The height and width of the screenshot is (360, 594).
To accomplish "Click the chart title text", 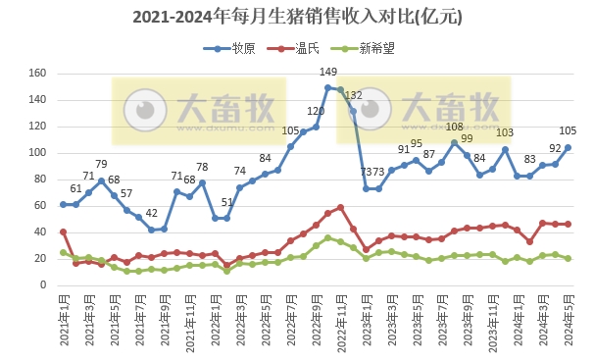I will [x=297, y=17].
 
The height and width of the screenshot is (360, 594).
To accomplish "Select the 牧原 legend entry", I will [x=233, y=48].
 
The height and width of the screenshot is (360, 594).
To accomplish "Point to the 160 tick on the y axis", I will [x=38, y=74].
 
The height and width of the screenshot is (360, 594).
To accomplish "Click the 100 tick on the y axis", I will [x=38, y=153].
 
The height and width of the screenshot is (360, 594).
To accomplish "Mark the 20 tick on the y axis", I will [x=41, y=259].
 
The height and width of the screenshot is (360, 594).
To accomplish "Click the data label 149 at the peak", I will [x=329, y=73].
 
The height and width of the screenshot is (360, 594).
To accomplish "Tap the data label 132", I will [x=354, y=95].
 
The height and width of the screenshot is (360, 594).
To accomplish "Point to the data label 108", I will [x=455, y=128].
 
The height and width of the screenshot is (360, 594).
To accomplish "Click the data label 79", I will [x=101, y=165].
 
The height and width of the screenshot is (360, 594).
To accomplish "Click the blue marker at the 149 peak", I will [x=328, y=88].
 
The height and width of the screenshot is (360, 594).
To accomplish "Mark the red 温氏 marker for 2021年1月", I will [x=64, y=232].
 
